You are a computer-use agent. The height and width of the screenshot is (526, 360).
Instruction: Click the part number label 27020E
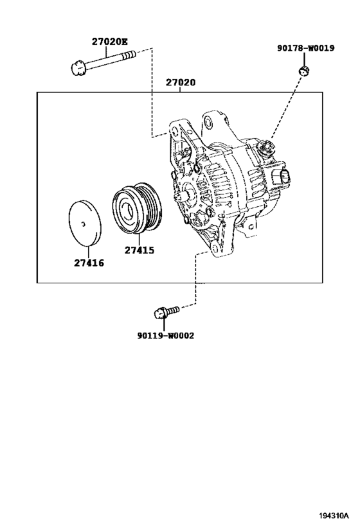(110, 42)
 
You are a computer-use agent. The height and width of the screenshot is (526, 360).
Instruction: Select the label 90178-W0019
(305, 48)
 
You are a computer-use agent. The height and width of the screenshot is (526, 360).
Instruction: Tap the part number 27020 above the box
(181, 82)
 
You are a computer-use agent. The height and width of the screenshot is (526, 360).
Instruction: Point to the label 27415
(139, 250)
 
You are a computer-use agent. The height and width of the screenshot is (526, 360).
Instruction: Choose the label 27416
(89, 263)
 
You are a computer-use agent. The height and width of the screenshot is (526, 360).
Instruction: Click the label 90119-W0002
(166, 335)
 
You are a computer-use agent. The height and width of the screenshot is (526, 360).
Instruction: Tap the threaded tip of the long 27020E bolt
(130, 55)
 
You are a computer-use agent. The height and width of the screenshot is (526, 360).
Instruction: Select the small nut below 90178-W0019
(304, 71)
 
